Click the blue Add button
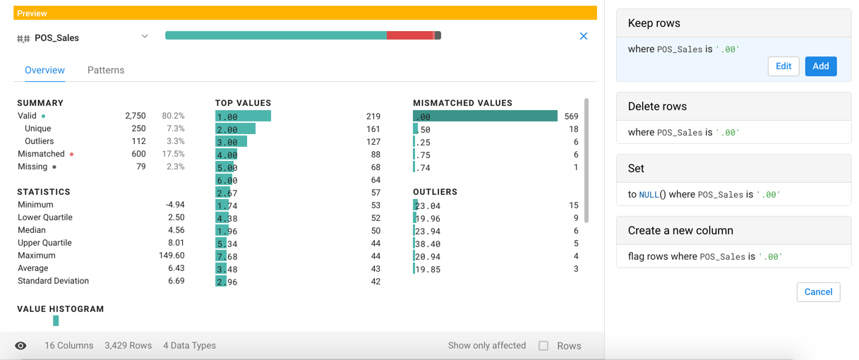[x=820, y=66]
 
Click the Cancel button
[x=818, y=292]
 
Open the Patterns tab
[x=106, y=71]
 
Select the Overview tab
[x=44, y=71]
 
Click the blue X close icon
[x=583, y=36]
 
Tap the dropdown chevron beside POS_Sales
[x=145, y=37]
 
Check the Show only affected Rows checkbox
[x=543, y=346]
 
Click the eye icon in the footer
[x=20, y=346]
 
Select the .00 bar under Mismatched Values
[x=485, y=116]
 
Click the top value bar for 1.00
[x=243, y=116]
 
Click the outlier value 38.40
[x=428, y=244]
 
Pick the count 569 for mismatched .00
[x=571, y=116]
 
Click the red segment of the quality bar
[x=409, y=35]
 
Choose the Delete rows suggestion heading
[x=657, y=107]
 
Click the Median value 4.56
[x=175, y=230]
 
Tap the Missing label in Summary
[x=32, y=167]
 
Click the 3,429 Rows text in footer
[x=128, y=346]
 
